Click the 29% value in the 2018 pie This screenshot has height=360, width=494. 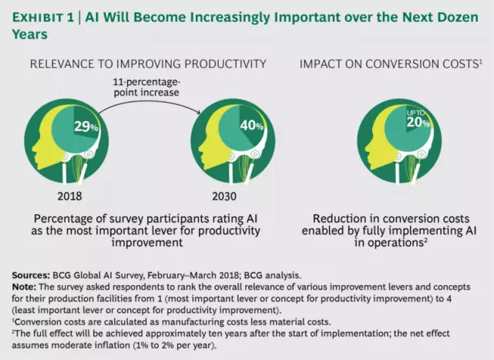[x=86, y=126]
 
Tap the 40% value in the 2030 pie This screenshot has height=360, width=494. [x=251, y=126]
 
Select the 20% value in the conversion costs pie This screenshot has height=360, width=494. [x=418, y=122]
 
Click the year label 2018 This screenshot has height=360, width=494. [x=69, y=196]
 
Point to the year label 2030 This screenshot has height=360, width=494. [x=224, y=196]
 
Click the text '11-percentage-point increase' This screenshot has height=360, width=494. [x=146, y=87]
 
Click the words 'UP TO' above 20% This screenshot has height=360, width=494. [x=415, y=113]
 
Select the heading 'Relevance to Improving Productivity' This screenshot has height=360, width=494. [x=148, y=64]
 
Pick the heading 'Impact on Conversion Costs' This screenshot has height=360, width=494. [x=391, y=64]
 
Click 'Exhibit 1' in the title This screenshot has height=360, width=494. [x=43, y=18]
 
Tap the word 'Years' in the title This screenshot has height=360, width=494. [x=30, y=35]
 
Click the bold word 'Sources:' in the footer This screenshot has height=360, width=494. [x=31, y=275]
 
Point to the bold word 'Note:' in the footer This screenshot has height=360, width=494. [x=24, y=287]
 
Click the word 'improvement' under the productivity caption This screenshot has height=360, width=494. [x=147, y=243]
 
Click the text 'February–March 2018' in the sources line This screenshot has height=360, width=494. [x=193, y=275]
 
